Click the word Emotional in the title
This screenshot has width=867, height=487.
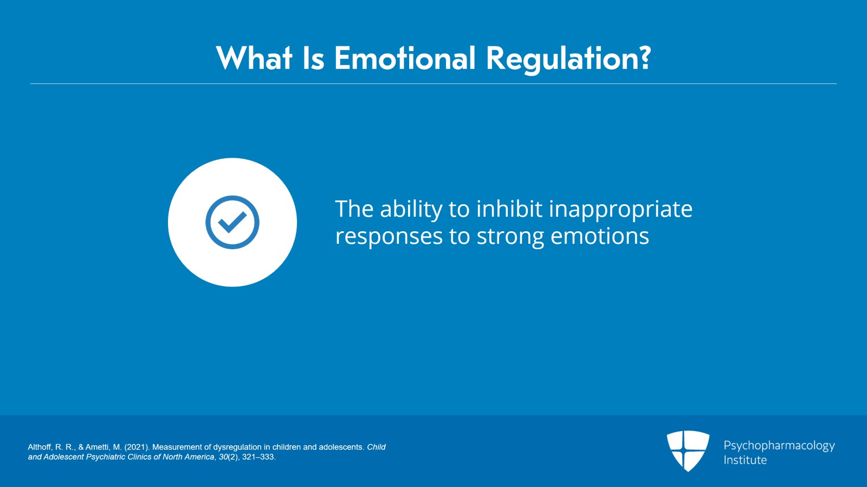pos(404,59)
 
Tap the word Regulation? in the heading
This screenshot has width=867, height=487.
pos(568,59)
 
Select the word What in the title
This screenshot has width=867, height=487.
pos(254,59)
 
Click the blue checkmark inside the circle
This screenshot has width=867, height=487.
pos(232,222)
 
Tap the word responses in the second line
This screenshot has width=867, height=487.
pos(389,237)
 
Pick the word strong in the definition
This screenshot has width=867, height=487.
pos(510,237)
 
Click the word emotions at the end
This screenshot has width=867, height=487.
pos(599,236)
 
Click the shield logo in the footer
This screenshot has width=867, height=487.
pos(688,450)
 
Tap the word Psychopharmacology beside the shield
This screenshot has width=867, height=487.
pos(779,445)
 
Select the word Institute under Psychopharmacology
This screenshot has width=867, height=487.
pos(745,460)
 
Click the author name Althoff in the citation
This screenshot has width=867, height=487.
pos(39,447)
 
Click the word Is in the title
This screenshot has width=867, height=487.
pos(313,59)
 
